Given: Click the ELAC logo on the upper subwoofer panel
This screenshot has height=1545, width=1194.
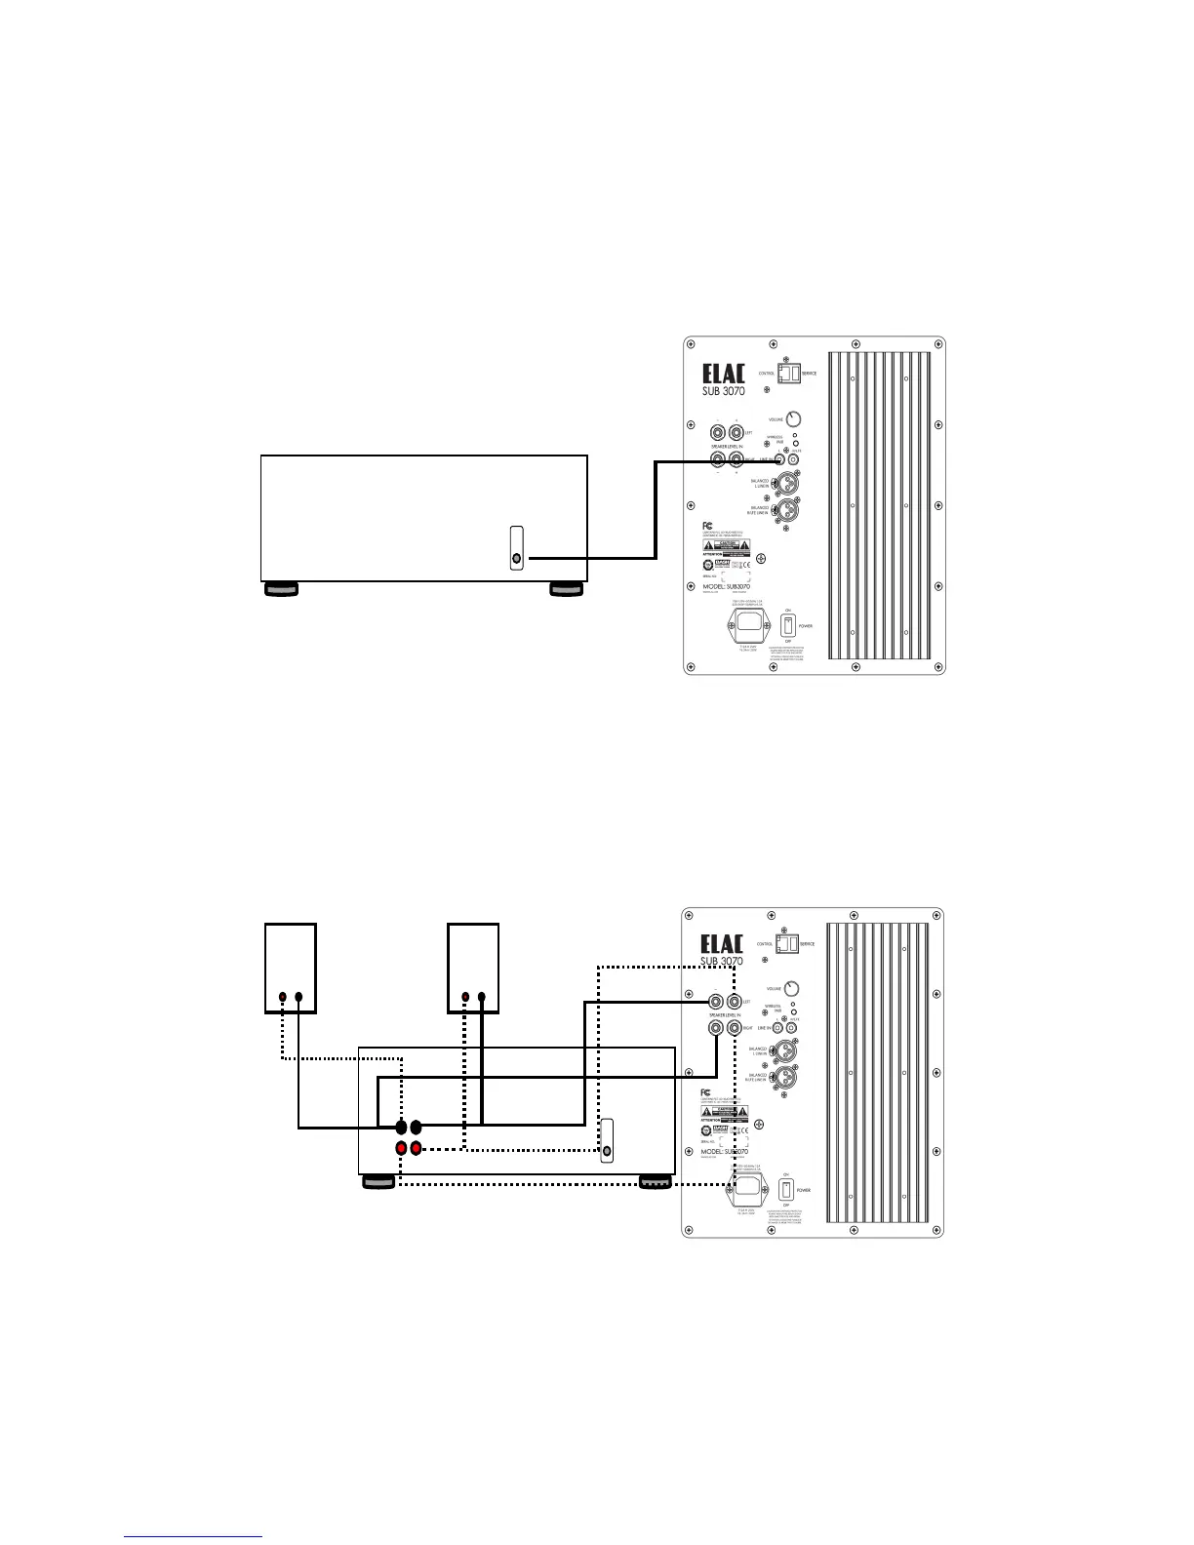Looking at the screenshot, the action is pos(724,376).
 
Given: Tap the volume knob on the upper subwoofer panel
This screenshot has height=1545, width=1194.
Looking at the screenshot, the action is pos(793,420).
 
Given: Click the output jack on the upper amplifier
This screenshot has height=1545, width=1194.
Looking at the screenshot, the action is pos(516,559).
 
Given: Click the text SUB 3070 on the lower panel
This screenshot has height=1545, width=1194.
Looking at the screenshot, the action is pos(722,961).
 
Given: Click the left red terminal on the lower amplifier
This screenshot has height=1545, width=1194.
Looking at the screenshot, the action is pos(401,1148).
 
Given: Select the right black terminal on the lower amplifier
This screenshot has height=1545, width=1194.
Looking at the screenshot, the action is pos(417,1128).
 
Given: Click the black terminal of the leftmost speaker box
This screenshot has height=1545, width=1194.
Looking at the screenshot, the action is pos(283,998).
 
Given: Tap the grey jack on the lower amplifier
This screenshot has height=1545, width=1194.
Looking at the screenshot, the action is pos(608,1151).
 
